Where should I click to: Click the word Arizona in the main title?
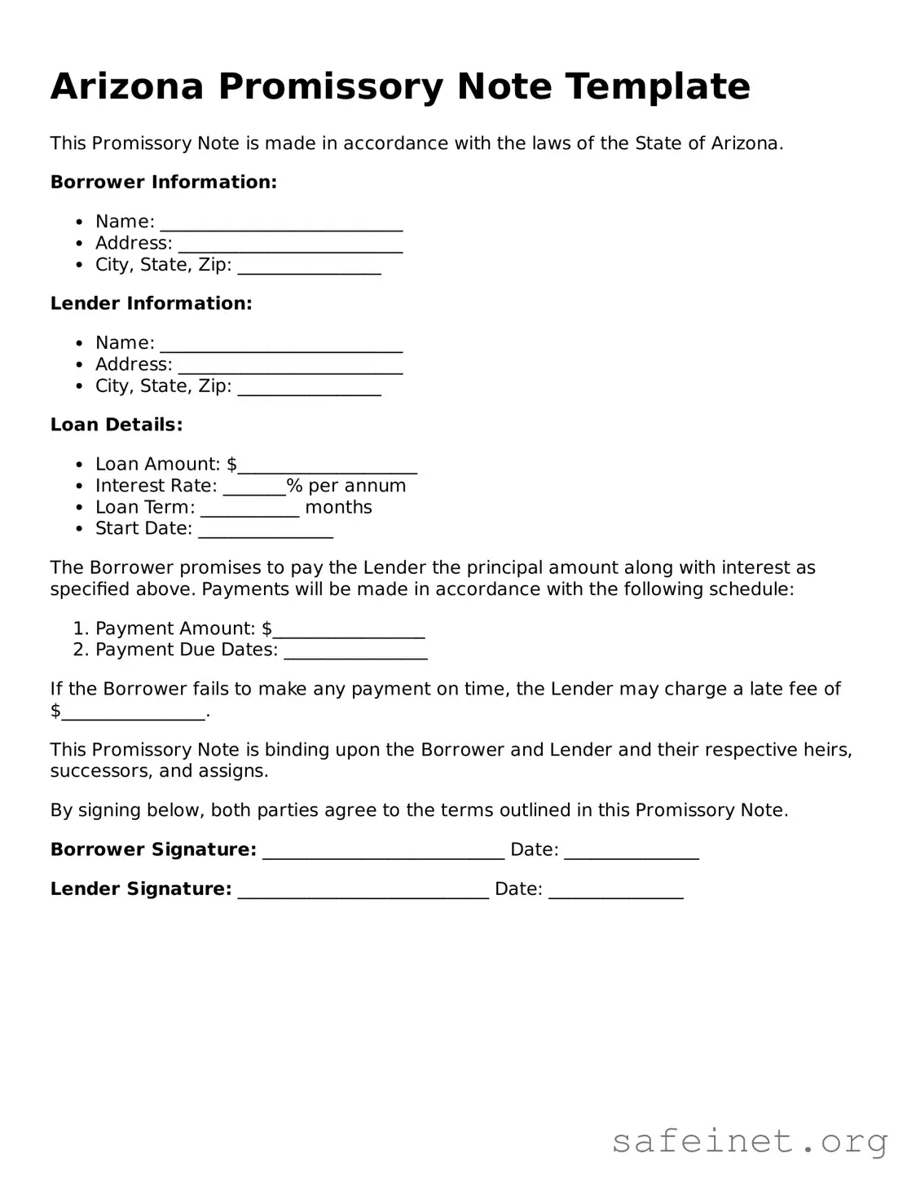(x=126, y=86)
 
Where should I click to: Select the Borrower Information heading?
(x=163, y=182)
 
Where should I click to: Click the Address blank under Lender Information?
(x=290, y=367)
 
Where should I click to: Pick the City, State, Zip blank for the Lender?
(x=309, y=388)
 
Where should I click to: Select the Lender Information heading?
(x=151, y=303)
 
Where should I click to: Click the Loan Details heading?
(x=116, y=425)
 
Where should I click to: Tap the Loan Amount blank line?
(x=328, y=466)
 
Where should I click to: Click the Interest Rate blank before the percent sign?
(x=254, y=487)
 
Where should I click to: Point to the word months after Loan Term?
(x=338, y=507)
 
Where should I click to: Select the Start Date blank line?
(x=266, y=531)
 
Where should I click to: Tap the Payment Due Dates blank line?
(x=355, y=652)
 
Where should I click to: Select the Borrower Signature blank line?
(x=384, y=852)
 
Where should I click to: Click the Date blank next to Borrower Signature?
(x=632, y=852)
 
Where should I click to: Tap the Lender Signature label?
(x=141, y=888)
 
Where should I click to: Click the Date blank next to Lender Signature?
(x=616, y=891)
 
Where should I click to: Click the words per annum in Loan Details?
(x=356, y=486)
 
